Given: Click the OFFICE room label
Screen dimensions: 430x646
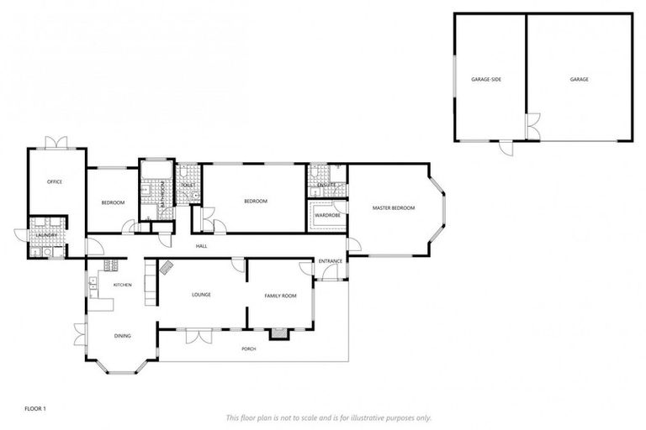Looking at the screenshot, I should coord(55,181).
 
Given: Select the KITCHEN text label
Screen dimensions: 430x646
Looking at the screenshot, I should coord(123,286).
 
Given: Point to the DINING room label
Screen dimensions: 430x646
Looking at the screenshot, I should coord(123,336).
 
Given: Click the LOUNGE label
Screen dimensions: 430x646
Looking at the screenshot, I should coord(201,295).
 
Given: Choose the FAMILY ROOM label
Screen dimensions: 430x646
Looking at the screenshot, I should coord(281,296).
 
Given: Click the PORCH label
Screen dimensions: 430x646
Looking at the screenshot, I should coord(248,349).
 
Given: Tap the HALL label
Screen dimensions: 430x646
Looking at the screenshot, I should coord(202,246).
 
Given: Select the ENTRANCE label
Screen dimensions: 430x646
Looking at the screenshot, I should coord(331,261).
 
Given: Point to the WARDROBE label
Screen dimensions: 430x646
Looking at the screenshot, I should coord(326,215).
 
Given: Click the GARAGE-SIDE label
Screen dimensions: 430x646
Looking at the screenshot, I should coord(486,79).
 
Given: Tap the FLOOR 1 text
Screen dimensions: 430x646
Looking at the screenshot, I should coord(34,408).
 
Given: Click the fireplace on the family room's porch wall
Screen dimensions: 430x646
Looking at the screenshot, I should coord(277,333).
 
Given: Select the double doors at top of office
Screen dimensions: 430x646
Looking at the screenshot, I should coord(56,142).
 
